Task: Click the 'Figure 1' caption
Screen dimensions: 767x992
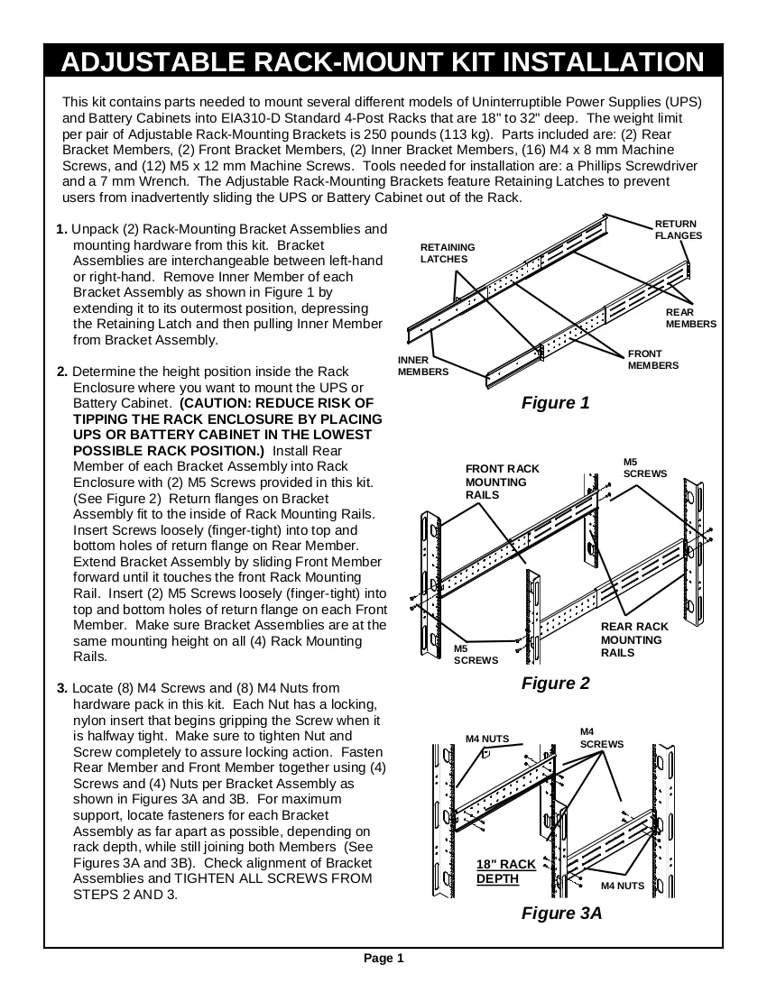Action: click(555, 403)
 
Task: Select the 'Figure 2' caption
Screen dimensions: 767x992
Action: click(555, 684)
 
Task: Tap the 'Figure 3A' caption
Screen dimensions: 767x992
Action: click(561, 913)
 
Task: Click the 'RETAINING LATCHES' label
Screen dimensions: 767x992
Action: click(448, 253)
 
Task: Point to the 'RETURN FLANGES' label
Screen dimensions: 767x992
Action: click(679, 230)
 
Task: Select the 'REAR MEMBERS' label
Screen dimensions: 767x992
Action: click(691, 318)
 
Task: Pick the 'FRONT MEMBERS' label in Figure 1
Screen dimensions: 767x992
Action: click(653, 359)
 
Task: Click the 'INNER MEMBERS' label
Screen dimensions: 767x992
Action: click(422, 365)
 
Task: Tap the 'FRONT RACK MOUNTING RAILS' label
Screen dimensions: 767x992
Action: click(503, 482)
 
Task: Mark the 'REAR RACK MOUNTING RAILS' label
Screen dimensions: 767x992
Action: click(634, 639)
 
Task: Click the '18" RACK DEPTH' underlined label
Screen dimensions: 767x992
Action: click(505, 872)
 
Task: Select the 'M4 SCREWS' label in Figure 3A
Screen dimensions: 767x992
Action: click(602, 738)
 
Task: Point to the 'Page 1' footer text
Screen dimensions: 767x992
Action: click(383, 958)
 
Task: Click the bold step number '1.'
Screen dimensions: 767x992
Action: click(61, 229)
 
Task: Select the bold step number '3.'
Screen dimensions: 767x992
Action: click(62, 688)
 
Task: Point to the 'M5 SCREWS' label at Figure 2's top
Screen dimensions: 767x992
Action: click(645, 467)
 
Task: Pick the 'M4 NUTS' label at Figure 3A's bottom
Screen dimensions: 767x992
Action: click(622, 886)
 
